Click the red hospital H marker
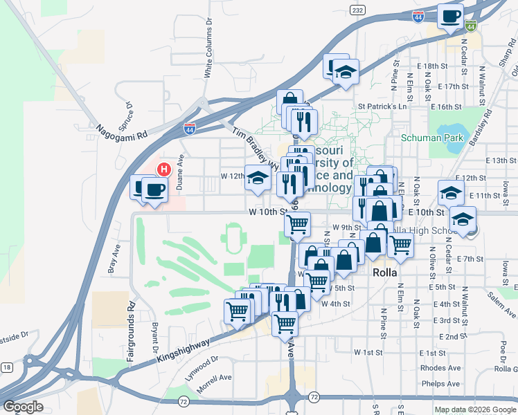pos(164,168)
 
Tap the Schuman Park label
pos(432,138)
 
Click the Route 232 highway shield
pos(357,10)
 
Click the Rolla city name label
pos(385,273)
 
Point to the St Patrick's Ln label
pos(382,107)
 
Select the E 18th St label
pos(434,66)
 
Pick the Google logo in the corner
pos(23,406)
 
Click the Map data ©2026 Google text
pos(475,409)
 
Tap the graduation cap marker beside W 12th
pos(258,178)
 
